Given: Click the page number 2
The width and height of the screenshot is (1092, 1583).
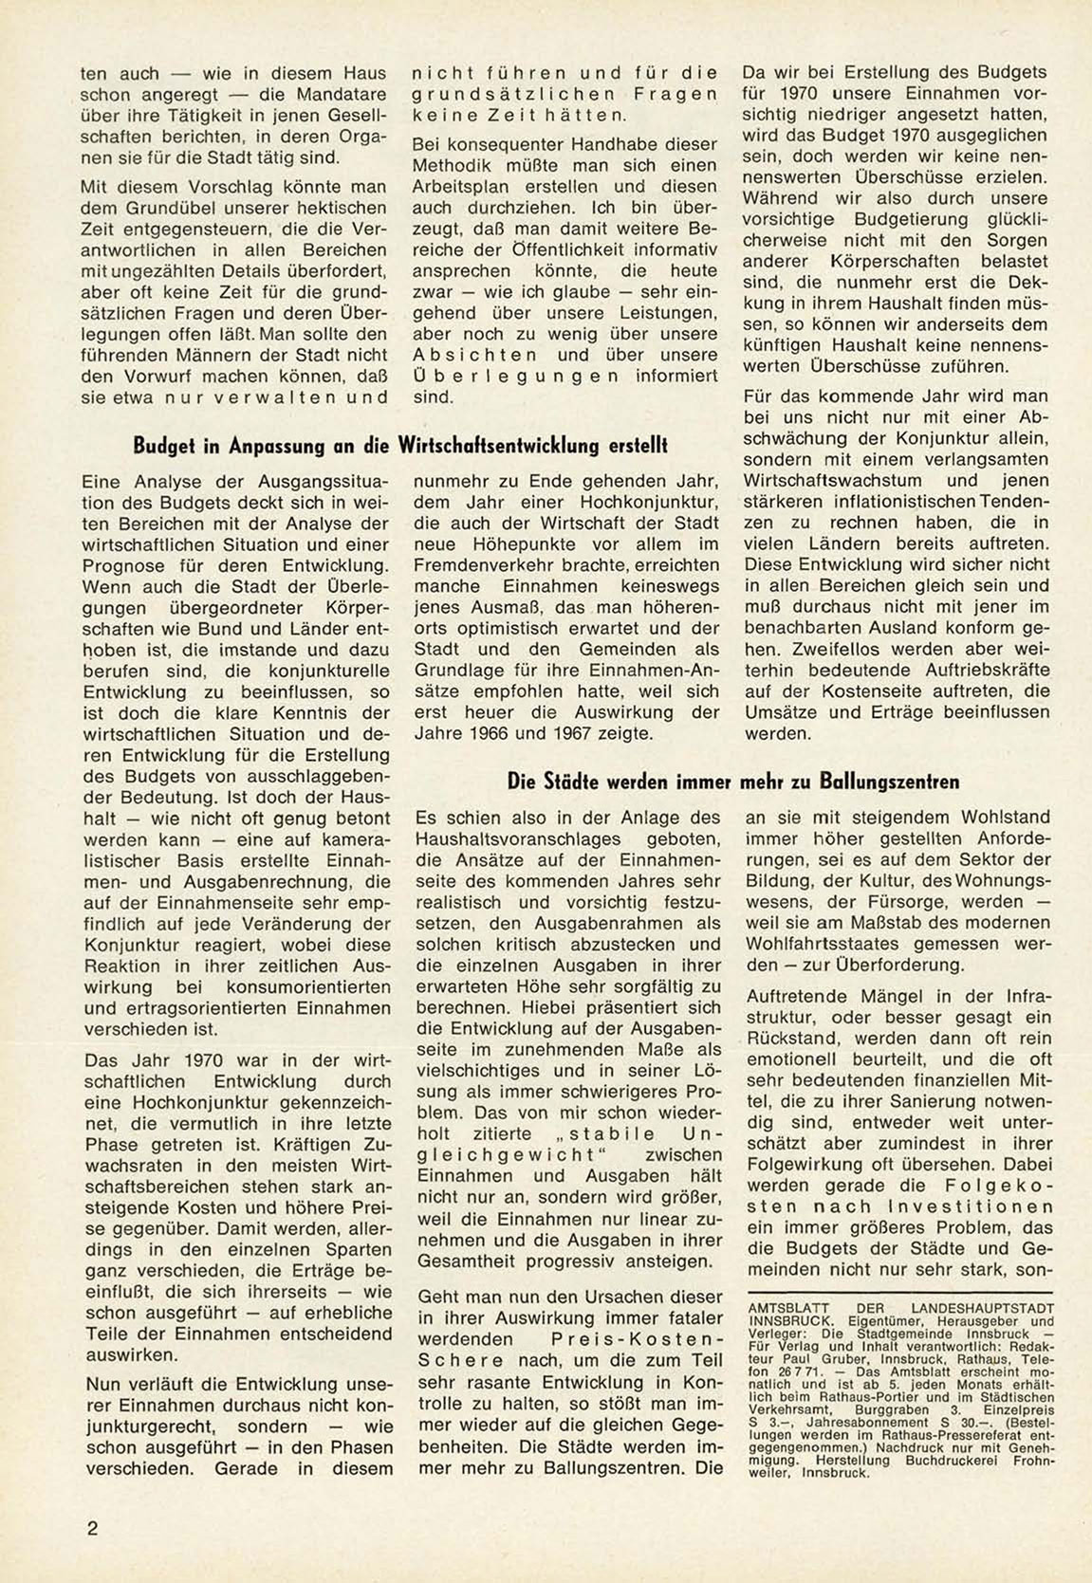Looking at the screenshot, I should [92, 1528].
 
